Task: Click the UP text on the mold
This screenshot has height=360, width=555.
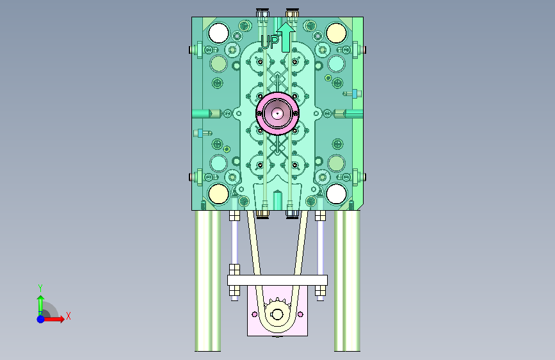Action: point(269,42)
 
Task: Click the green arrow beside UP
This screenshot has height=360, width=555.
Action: point(286,37)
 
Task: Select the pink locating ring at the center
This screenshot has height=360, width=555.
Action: point(278,113)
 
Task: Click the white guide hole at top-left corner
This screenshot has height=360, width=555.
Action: point(218,33)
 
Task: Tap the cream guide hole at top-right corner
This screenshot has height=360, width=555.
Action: point(336,33)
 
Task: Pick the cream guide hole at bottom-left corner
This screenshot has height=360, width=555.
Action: point(218,194)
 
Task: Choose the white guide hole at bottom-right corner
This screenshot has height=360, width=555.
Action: point(336,194)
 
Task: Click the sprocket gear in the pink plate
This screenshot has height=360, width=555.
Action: point(277,313)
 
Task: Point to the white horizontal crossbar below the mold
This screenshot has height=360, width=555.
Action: point(277,281)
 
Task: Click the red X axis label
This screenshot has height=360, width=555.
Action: point(68,316)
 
